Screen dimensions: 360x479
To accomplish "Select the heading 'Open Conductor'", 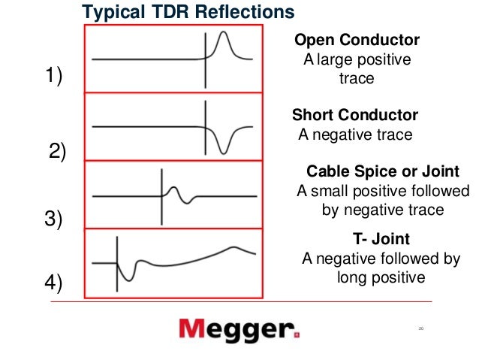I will coord(356,40).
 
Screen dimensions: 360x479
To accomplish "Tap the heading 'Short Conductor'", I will coord(354,115).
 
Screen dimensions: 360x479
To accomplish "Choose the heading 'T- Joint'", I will coord(381,240).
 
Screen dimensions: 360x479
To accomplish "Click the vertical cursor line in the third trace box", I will coord(161,196).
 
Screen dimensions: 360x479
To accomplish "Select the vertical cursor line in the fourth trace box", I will coord(117,262).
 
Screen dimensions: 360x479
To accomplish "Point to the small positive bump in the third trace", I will coord(173,189).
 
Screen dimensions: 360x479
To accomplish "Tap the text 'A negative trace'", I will coord(355,135).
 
